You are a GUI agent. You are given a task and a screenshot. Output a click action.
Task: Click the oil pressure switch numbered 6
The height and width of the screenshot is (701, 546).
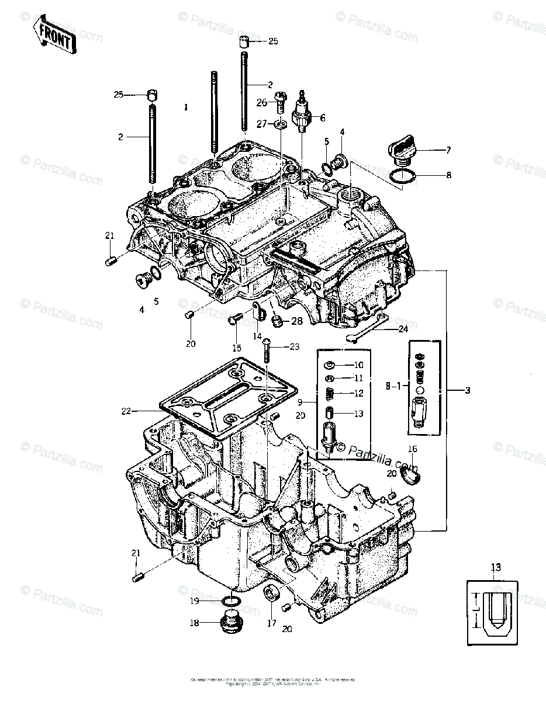303,113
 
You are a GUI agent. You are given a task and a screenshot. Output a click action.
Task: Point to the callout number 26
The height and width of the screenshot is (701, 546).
261,102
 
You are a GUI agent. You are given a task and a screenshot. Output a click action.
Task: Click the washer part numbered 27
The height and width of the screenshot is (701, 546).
281,124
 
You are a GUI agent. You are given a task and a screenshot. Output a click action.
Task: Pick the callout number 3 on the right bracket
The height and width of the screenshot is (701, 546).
466,389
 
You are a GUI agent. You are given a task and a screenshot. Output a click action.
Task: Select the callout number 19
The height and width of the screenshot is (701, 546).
195,601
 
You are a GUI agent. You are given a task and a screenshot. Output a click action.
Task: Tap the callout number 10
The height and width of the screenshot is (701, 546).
358,365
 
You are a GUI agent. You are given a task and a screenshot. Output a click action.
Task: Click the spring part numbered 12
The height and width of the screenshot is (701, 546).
329,394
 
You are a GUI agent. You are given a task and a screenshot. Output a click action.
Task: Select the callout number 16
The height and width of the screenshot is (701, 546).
412,449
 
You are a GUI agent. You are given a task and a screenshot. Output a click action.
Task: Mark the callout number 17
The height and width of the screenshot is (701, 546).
271,623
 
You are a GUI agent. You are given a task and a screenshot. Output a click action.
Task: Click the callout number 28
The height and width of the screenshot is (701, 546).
297,321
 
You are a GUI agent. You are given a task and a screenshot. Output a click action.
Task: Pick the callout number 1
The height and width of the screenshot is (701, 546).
185,107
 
